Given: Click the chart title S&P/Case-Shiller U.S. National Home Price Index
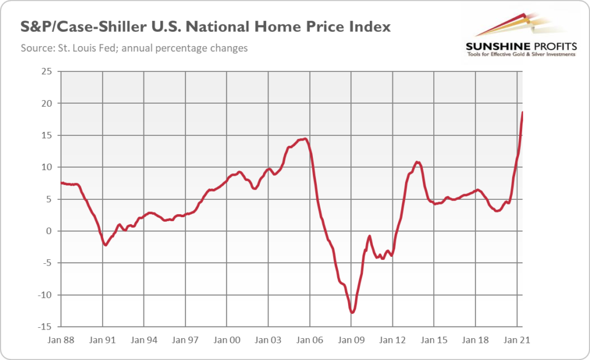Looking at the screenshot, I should point(205,27).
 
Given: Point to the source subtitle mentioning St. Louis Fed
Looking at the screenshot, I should point(134,48).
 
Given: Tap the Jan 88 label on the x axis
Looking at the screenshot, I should point(62,340).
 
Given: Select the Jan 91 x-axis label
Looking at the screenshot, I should point(103,340).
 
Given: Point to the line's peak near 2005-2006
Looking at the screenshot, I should point(305,138).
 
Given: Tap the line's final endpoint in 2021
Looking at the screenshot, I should point(522,112).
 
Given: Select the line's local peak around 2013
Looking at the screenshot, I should point(417,162).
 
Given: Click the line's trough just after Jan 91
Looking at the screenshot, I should point(105,245).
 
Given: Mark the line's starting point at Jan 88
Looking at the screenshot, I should point(61,183).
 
